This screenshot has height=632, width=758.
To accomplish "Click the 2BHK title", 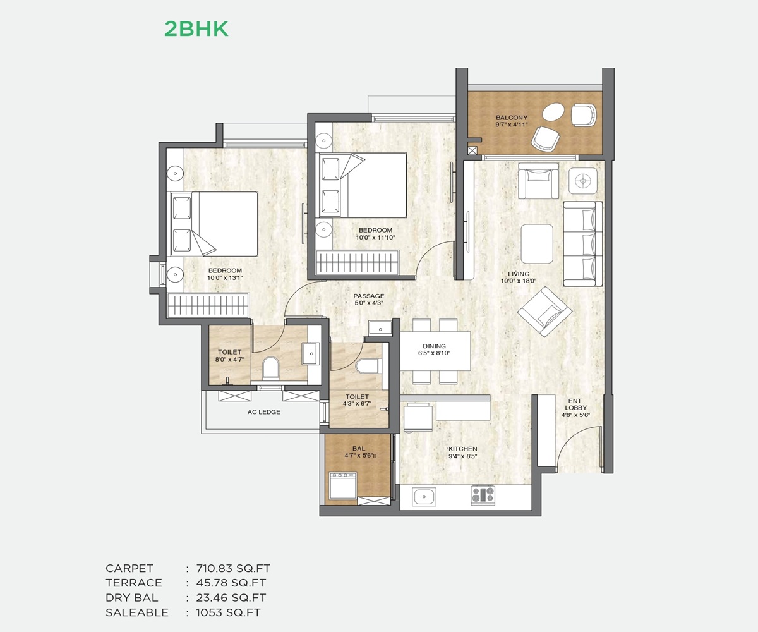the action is tap(196, 29).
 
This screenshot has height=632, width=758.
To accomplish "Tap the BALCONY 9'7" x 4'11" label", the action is tap(512, 121).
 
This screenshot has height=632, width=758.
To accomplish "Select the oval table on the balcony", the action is tap(553, 112).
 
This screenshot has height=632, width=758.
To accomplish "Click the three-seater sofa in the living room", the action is tap(582, 244).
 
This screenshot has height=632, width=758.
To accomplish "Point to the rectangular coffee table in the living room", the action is tap(537, 243).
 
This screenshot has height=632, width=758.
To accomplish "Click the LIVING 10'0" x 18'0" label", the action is tap(519, 277).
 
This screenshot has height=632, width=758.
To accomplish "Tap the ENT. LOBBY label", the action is tap(575, 408).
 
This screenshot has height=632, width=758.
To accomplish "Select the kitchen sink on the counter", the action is tap(424, 496).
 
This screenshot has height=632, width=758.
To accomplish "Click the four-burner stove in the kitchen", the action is tap(483, 495).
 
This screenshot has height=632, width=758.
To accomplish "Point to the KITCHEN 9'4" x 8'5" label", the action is tap(462, 453).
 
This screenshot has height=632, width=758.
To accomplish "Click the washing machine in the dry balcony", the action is tap(343, 485).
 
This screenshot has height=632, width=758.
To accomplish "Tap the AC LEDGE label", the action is tap(264, 412).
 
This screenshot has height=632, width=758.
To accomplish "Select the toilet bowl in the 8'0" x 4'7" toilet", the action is tap(270, 368).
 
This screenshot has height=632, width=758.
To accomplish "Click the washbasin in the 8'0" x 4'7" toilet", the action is tap(311, 353).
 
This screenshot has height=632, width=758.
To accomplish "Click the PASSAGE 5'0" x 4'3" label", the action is tap(368, 300).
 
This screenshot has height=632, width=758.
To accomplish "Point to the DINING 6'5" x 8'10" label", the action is tap(434, 349).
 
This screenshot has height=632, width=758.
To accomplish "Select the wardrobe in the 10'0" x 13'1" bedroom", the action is tap(208, 305).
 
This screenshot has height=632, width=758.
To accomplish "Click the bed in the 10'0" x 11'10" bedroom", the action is tap(363, 185).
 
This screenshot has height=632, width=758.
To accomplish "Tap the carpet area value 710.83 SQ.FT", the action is tap(233, 568).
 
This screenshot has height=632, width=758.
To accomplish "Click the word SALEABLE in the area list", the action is tap(137, 613).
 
